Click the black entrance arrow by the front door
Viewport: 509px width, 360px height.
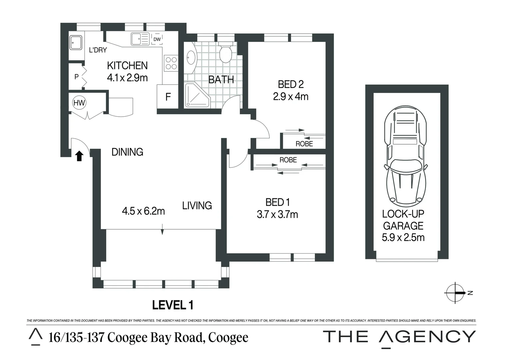tap(79, 156)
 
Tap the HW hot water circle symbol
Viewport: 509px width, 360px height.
tap(79, 103)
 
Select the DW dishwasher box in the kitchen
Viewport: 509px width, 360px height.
tap(157, 39)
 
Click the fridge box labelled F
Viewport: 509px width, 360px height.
tap(168, 97)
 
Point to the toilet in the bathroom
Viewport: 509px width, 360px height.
tap(226, 53)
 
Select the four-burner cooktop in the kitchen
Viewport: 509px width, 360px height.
tap(171, 63)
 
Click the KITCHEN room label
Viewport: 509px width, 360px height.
tap(127, 65)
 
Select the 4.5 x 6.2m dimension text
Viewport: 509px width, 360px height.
tap(143, 211)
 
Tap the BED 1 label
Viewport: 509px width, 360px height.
tap(277, 202)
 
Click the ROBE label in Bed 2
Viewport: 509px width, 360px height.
tap(304, 144)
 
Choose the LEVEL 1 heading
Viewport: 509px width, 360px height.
tap(173, 305)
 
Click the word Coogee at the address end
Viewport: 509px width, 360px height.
tap(228, 337)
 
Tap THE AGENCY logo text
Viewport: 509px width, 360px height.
tap(399, 337)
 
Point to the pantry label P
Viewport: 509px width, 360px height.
tap(76, 77)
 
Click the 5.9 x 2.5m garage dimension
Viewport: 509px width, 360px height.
tap(403, 238)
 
